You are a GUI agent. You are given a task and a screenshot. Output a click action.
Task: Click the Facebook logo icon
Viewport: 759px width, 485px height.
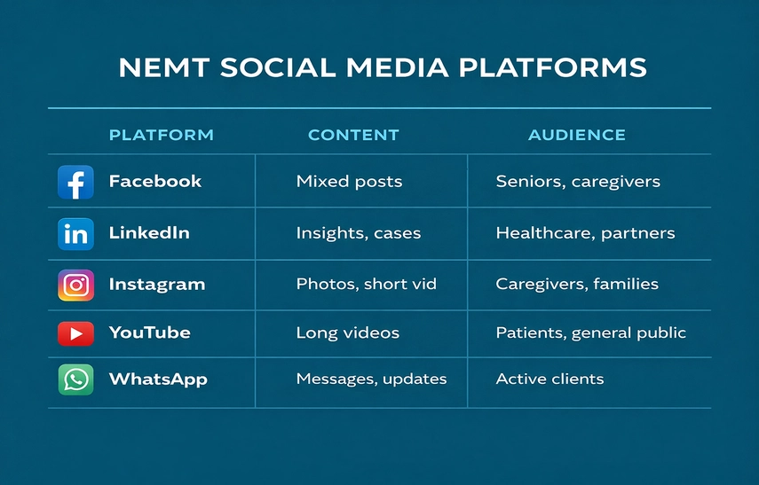click(x=75, y=182)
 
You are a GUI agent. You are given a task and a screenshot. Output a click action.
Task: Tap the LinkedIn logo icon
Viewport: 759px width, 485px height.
click(x=75, y=233)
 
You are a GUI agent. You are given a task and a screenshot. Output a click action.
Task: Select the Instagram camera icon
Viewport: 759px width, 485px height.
click(x=75, y=285)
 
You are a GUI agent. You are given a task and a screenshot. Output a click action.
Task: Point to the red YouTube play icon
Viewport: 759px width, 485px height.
click(x=75, y=333)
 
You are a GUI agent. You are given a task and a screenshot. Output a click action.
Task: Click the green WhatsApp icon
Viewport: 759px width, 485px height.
click(x=75, y=379)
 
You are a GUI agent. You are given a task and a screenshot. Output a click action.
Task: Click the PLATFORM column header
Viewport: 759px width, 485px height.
click(x=161, y=135)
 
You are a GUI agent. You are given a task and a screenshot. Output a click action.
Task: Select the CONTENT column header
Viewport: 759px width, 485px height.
click(x=353, y=135)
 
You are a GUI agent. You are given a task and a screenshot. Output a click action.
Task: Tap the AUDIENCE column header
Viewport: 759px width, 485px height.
click(x=577, y=135)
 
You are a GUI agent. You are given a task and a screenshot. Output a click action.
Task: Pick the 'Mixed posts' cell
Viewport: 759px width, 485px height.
click(x=349, y=182)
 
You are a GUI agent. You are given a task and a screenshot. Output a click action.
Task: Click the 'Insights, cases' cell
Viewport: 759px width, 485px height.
click(x=359, y=233)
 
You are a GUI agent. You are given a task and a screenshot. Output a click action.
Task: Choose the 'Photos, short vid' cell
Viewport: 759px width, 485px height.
click(x=366, y=285)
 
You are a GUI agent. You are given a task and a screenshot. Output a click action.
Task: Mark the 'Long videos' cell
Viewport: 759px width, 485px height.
click(x=347, y=333)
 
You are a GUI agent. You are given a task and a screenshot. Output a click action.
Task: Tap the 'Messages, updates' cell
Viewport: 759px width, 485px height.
click(x=371, y=379)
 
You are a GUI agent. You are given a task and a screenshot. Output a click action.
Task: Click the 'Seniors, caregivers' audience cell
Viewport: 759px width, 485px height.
click(x=578, y=182)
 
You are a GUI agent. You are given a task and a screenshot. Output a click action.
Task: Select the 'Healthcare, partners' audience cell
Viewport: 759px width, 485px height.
click(x=585, y=233)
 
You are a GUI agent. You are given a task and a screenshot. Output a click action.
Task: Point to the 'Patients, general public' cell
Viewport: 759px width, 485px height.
click(x=590, y=333)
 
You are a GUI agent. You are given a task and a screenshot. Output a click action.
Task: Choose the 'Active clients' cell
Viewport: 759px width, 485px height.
click(x=549, y=379)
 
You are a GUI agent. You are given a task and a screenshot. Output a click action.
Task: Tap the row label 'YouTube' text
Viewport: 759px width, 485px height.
click(x=149, y=333)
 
